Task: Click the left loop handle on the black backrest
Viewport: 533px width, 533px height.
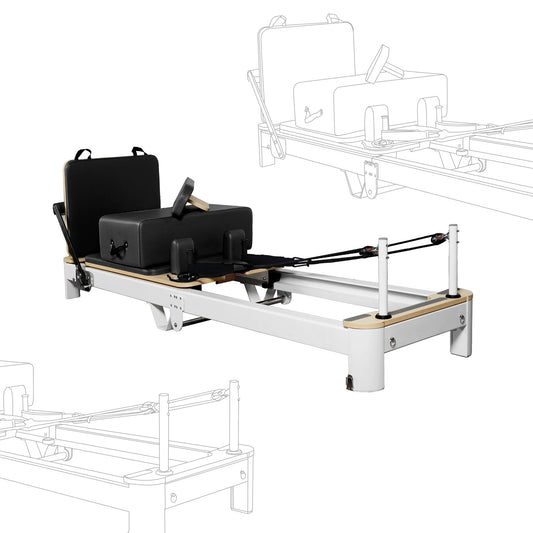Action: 82,155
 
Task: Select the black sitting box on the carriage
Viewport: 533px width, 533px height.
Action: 175,233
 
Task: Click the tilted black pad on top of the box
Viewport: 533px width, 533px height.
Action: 183,197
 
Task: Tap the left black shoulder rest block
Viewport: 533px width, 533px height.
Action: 182,256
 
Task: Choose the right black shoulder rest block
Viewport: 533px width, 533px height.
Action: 236,244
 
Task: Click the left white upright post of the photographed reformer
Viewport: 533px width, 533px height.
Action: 382,276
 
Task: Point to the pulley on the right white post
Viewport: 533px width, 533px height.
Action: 437,238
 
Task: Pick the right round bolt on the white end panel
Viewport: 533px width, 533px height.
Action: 461,319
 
